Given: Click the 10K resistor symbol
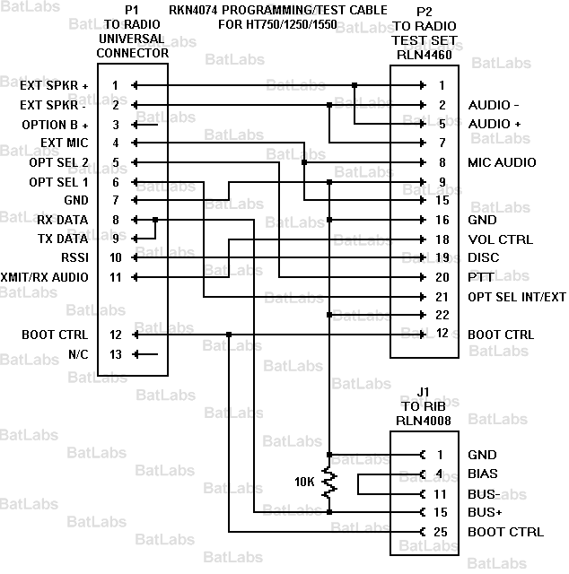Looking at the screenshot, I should pyautogui.click(x=329, y=483).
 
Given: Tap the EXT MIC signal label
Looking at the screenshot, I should pyautogui.click(x=65, y=143).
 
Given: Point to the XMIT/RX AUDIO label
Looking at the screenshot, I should pyautogui.click(x=45, y=277).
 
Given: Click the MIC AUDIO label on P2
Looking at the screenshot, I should pyautogui.click(x=502, y=162).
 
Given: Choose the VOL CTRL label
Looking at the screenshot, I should pyautogui.click(x=500, y=239).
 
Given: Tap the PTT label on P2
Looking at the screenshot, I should pyautogui.click(x=480, y=277).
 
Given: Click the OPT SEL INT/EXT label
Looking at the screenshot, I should pyautogui.click(x=517, y=297).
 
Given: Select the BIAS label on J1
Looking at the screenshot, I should pyautogui.click(x=483, y=474).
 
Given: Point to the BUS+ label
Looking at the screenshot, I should pyautogui.click(x=485, y=512).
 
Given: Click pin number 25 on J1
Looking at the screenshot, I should pyautogui.click(x=440, y=532).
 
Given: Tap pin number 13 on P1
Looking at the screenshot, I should pyautogui.click(x=115, y=354).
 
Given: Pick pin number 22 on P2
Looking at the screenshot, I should pyautogui.click(x=441, y=316).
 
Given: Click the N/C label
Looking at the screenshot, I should pyautogui.click(x=79, y=354).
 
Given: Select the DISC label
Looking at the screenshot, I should pyautogui.click(x=483, y=258).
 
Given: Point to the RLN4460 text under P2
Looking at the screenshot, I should pyautogui.click(x=425, y=53).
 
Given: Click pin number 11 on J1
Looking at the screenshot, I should pyautogui.click(x=440, y=493).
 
